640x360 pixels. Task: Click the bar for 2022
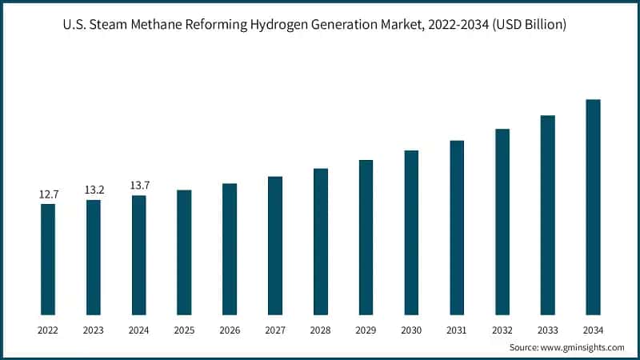[48, 259]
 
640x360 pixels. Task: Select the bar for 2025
[184, 252]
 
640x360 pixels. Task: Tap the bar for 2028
[321, 242]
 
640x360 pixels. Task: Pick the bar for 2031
[457, 227]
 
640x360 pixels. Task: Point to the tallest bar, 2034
[593, 207]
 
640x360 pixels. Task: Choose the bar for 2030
[411, 232]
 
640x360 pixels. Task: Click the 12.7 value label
[48, 194]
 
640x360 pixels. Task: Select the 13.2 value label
[94, 190]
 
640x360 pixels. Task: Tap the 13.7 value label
[139, 186]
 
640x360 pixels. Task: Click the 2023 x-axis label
[94, 330]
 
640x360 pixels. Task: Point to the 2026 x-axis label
[230, 330]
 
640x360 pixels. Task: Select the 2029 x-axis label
[366, 330]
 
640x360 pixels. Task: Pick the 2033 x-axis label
[547, 330]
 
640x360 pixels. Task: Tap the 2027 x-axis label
[275, 330]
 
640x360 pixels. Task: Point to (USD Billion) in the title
[526, 25]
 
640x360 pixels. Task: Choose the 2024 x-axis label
[139, 330]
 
